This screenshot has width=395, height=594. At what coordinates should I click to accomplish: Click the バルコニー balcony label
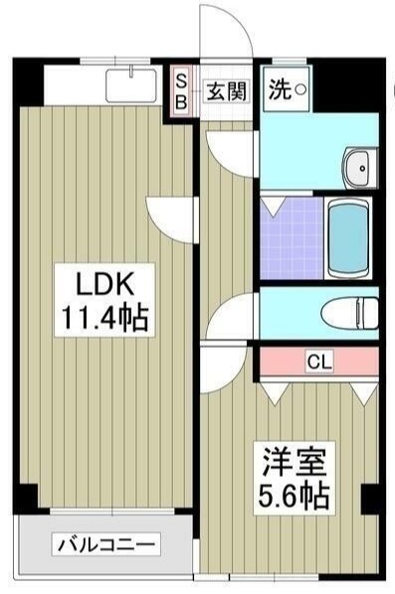106,544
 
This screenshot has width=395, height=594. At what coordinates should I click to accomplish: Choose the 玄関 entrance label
225,90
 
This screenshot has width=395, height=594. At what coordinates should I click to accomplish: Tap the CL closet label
318,361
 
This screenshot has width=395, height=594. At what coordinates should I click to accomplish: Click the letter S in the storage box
182,80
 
